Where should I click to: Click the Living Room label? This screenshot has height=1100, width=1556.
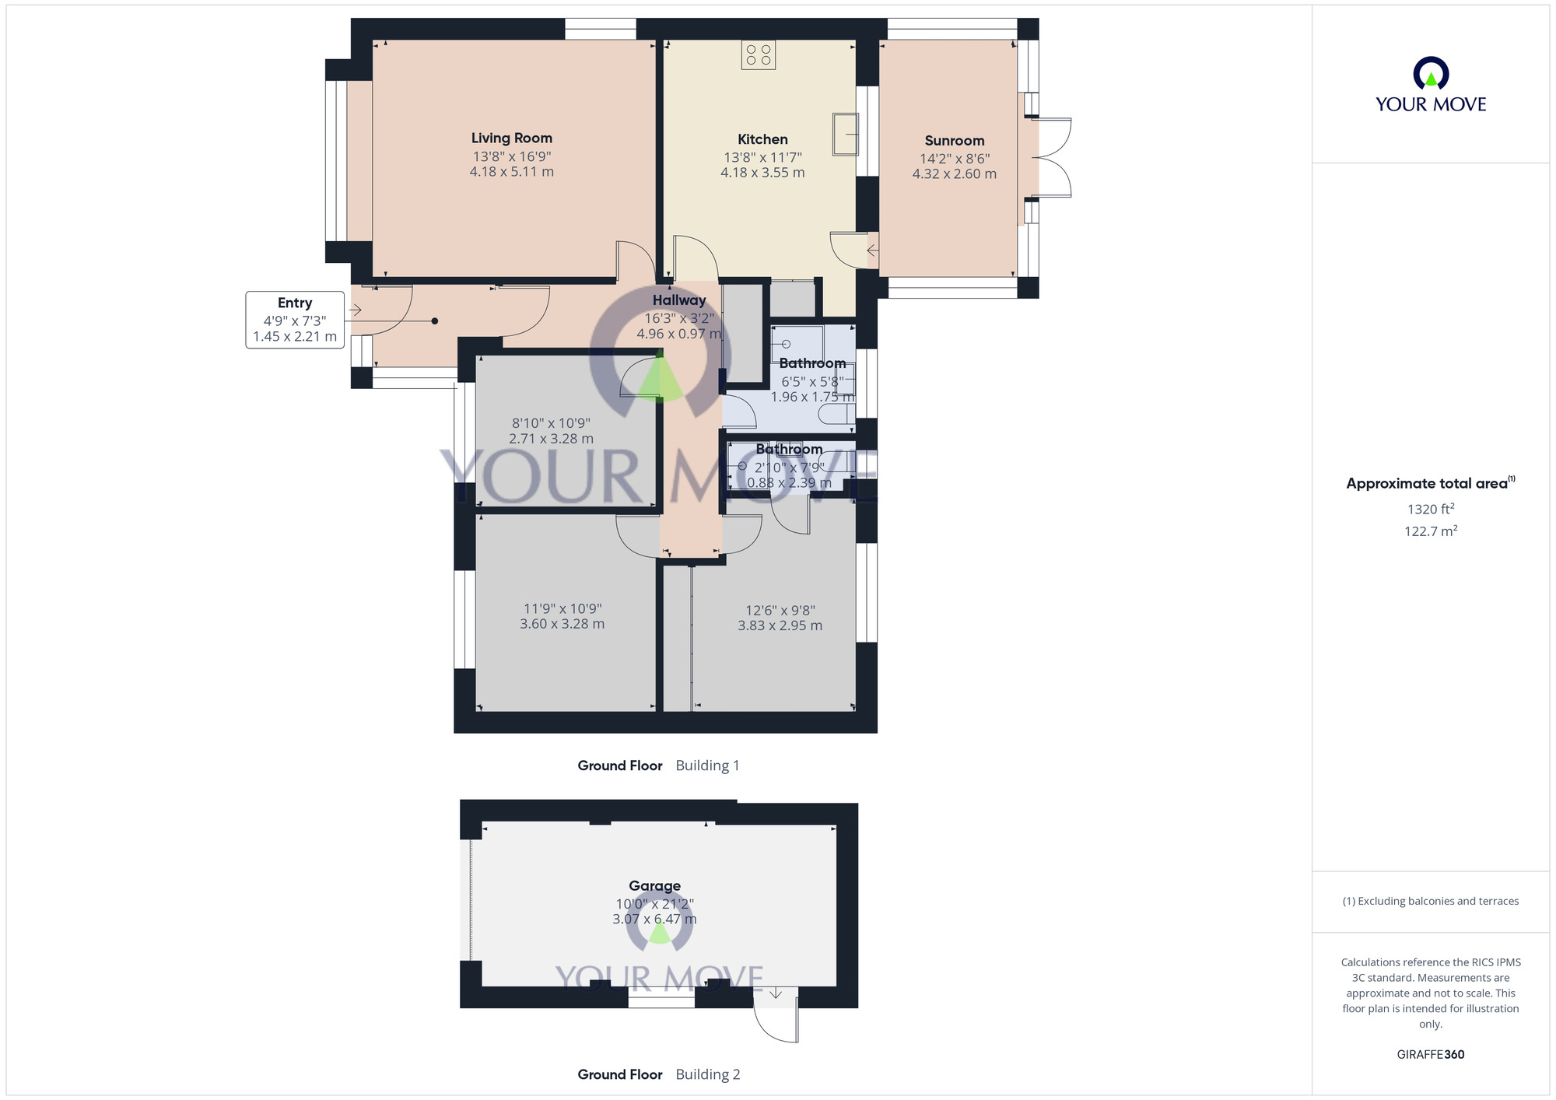click(x=511, y=138)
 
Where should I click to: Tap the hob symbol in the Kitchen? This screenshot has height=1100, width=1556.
click(x=758, y=55)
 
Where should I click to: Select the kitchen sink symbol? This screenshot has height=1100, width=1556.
click(x=845, y=134)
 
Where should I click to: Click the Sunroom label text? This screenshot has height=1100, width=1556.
click(x=954, y=141)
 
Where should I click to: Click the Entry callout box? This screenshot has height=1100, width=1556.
click(x=295, y=320)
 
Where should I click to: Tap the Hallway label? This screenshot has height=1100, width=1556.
click(x=678, y=300)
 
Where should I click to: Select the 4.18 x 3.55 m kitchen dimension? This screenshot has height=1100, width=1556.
click(x=762, y=173)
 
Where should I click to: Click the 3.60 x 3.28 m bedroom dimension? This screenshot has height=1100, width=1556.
click(x=562, y=624)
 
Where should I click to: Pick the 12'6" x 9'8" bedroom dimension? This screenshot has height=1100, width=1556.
click(x=780, y=611)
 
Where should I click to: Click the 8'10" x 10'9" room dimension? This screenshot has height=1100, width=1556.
click(x=551, y=423)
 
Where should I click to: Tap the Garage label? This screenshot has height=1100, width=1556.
click(x=654, y=886)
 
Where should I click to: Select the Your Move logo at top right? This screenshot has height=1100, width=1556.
click(x=1430, y=85)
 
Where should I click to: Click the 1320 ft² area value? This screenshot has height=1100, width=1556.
click(x=1430, y=510)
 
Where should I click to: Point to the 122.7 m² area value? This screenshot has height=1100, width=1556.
click(x=1430, y=531)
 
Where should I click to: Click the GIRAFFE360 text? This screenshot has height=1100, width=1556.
click(x=1430, y=1055)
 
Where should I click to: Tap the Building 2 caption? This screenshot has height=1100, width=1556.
click(x=707, y=1074)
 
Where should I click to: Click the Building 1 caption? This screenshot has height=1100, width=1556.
click(x=707, y=765)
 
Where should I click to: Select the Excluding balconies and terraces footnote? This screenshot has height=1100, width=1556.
click(x=1430, y=901)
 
